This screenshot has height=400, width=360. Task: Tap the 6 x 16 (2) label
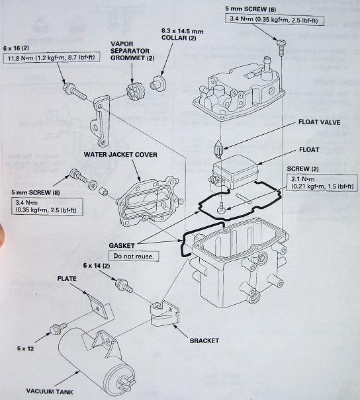pyautogui.click(x=21, y=48)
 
